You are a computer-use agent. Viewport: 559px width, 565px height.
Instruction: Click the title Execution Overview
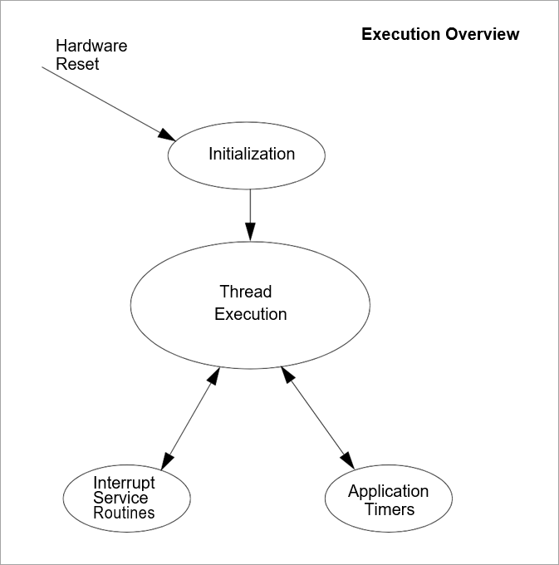440,34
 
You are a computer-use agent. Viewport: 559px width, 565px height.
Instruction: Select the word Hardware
91,46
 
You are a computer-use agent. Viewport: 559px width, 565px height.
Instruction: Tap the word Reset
77,63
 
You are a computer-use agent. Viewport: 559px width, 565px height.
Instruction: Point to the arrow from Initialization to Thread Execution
250,212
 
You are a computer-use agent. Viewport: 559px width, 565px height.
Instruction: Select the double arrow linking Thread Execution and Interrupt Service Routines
191,418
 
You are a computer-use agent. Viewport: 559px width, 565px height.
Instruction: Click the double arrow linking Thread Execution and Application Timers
317,418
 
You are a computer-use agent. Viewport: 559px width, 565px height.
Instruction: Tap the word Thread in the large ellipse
246,292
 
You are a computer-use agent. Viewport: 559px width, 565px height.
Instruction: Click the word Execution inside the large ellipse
251,315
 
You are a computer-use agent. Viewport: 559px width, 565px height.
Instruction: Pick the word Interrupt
124,483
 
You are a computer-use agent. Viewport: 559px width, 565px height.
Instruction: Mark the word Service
120,498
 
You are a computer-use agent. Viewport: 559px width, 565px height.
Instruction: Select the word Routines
124,513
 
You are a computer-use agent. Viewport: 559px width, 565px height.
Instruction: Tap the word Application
388,491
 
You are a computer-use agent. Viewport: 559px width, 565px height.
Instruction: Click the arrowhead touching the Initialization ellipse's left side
167,135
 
